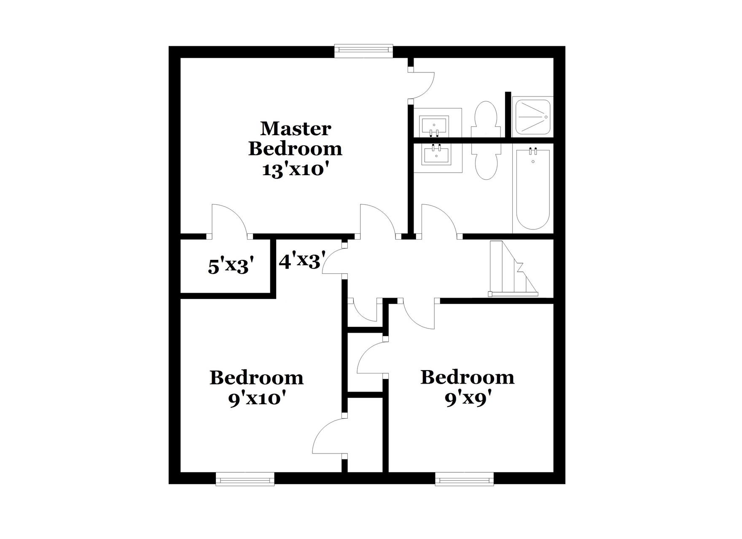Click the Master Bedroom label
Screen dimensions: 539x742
coord(295,139)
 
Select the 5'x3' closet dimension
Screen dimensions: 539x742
coord(232,266)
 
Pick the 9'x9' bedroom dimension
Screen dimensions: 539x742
coord(467,399)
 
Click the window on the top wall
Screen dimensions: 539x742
coord(364,51)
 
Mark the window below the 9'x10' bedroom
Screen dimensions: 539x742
coord(245,479)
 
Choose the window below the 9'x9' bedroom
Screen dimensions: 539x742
coord(464,479)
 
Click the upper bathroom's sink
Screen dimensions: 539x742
coord(434,125)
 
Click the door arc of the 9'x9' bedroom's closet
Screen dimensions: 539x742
coord(371,358)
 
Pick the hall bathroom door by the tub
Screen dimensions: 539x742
coord(438,221)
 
